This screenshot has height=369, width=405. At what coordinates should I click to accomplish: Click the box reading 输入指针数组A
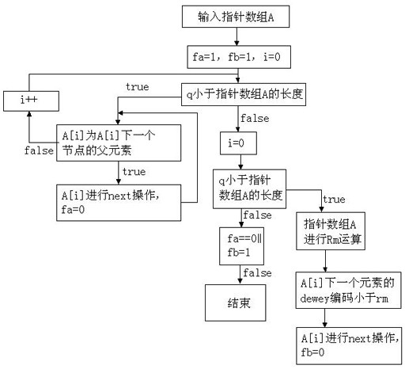tap(236, 17)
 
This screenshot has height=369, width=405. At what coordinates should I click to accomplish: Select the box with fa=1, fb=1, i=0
tap(239, 57)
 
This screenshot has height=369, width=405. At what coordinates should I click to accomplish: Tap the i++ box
tap(31, 101)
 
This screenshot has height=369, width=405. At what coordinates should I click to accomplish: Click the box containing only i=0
tap(238, 143)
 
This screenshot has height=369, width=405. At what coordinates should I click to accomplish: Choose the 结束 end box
tap(236, 302)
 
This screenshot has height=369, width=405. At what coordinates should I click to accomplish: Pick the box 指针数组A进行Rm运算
tap(331, 231)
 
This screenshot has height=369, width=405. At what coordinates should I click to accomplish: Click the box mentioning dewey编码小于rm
tap(348, 290)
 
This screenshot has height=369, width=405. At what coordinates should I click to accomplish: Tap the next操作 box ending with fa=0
tap(119, 203)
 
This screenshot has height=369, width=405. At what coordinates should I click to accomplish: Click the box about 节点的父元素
tap(119, 143)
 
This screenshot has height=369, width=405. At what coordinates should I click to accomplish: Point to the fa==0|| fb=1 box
tap(241, 246)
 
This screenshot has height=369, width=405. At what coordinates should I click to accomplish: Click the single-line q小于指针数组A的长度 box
tap(244, 94)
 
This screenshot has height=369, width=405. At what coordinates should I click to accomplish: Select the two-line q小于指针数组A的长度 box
tap(249, 189)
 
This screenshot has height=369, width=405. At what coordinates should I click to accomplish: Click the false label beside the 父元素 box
tap(39, 150)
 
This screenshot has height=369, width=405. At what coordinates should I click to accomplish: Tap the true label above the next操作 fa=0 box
tap(134, 172)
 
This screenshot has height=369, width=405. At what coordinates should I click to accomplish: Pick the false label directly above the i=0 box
tap(255, 118)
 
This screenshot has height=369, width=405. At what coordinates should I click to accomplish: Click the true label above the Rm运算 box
tap(334, 200)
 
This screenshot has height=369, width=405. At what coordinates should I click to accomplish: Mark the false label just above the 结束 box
tap(257, 272)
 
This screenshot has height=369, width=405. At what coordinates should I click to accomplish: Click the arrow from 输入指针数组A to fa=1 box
tap(237, 36)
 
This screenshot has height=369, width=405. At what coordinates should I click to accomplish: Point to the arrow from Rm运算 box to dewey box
tap(325, 261)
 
